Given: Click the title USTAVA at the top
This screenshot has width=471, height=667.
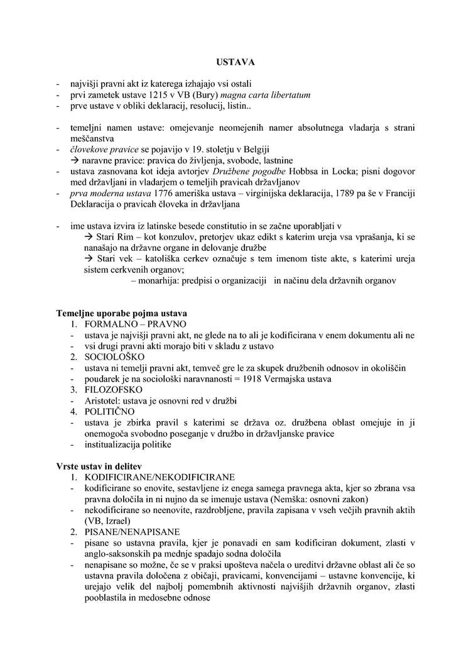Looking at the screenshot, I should (235, 62).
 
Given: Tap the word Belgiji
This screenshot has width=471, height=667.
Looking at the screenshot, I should (234, 149).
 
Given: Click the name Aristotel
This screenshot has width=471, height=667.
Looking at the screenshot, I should (102, 400).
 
